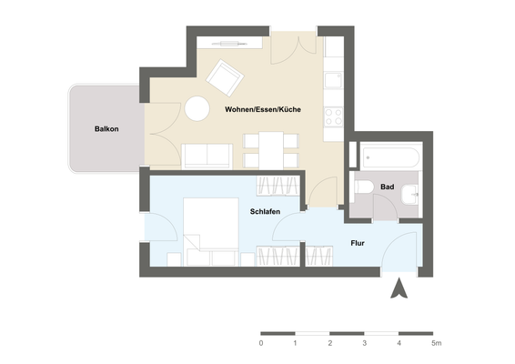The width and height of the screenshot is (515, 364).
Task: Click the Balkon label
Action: coord(106,129)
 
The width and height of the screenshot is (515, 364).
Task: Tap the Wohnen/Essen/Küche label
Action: coord(264,110)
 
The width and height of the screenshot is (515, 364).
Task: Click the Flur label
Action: coord(358,243)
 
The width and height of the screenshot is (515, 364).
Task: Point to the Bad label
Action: coord(388,187)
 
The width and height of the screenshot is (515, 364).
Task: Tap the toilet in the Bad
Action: coord(363,189)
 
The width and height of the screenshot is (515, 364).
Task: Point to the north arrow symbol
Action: coord(398,289)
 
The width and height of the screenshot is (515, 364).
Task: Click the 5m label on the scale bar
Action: coord(437,343)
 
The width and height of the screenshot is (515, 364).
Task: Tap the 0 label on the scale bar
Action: coord(261,343)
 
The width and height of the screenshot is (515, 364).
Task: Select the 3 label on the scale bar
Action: coord(365,343)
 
